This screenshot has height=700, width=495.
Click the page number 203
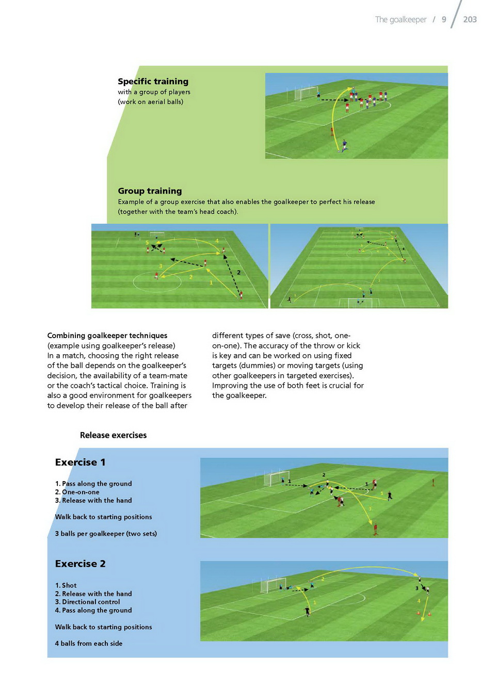coord(470,20)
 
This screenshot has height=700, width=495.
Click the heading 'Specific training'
coord(153,82)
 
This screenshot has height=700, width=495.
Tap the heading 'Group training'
coord(150,191)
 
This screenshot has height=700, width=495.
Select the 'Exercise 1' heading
coord(80,463)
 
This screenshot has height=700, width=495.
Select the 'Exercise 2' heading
coord(80,564)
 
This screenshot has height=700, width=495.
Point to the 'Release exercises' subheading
coord(113,435)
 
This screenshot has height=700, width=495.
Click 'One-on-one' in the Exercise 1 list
coord(81,492)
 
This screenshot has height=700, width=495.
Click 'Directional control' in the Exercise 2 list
coord(91,602)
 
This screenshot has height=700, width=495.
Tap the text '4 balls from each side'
coord(89,644)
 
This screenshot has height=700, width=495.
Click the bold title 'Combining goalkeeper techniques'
coord(107,336)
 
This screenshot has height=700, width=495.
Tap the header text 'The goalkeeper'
coord(401,20)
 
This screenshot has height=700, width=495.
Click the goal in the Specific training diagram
coord(306,94)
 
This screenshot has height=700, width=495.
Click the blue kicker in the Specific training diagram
coord(344,146)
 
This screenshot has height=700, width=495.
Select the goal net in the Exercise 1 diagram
coord(277,478)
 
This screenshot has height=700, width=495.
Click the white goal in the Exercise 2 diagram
coord(273,585)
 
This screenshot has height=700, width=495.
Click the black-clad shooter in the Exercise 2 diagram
coord(308,612)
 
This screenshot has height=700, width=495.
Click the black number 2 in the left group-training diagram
coord(238,272)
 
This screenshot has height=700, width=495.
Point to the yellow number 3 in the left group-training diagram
coord(161,266)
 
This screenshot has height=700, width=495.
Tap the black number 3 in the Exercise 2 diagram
coord(417,588)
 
